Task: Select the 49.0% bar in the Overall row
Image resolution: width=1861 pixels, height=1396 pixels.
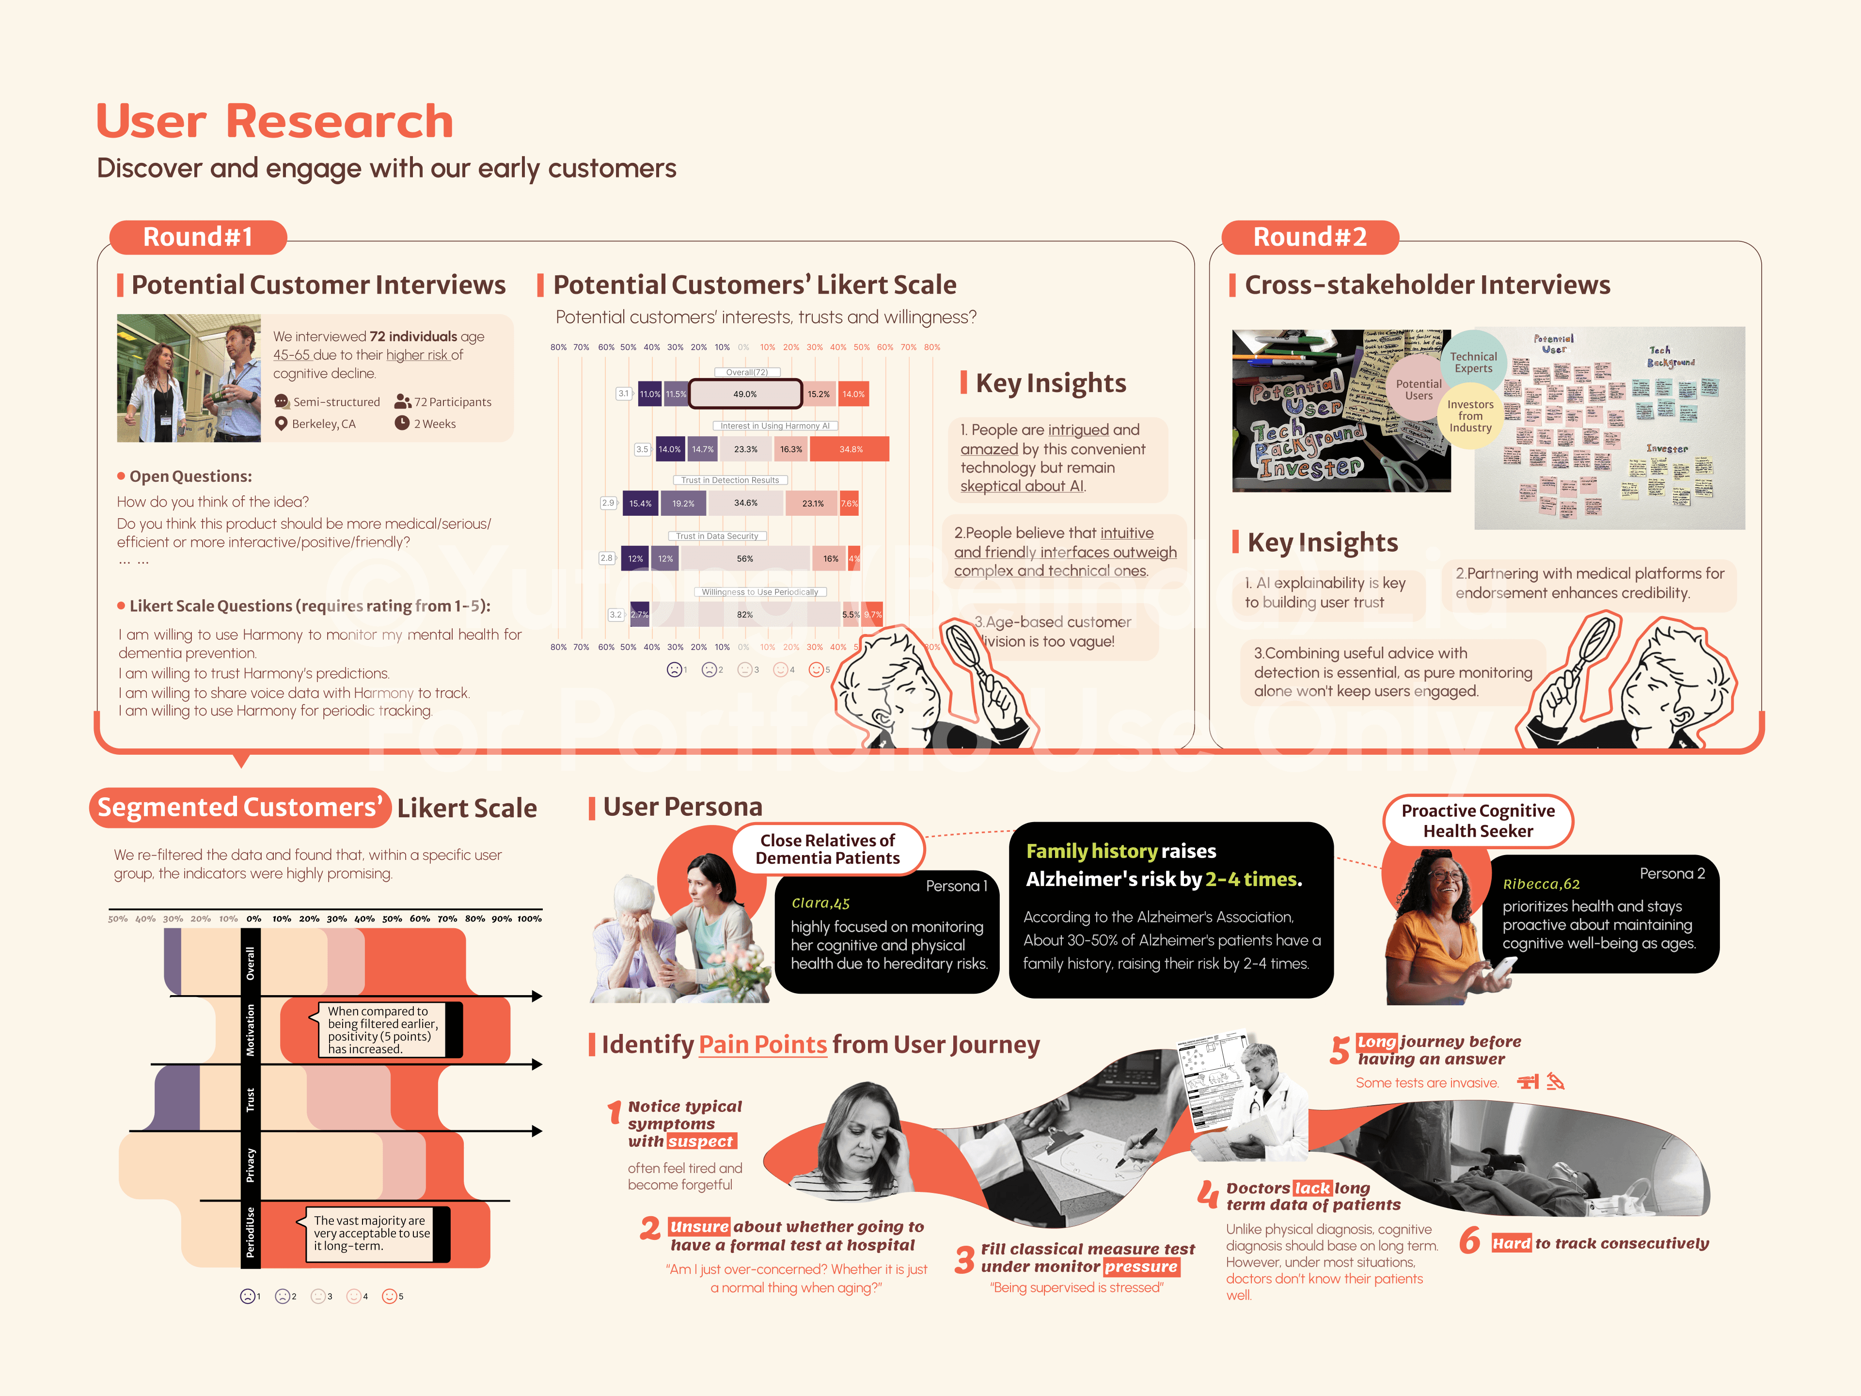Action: point(745,394)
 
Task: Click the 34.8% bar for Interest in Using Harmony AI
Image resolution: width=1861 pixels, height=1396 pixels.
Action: point(852,449)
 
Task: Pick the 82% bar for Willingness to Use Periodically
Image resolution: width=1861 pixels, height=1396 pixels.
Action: point(744,614)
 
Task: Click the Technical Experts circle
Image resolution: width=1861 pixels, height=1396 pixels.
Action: point(1473,363)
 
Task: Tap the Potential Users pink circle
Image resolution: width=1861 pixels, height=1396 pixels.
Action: point(1419,390)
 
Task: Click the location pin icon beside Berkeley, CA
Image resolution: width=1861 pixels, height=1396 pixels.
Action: point(281,423)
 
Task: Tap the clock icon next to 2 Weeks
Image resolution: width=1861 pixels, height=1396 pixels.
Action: point(402,423)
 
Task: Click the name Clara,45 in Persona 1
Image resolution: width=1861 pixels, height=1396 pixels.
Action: point(820,903)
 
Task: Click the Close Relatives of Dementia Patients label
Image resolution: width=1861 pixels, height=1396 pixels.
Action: point(828,849)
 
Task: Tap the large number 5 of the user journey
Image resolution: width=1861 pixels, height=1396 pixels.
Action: point(1340,1050)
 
